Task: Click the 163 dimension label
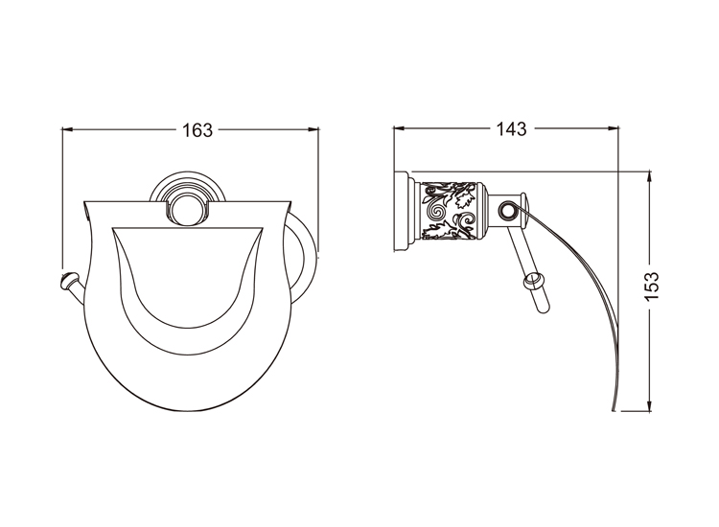point(197,130)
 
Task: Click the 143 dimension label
point(511,129)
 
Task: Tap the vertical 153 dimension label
point(652,286)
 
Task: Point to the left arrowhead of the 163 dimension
point(67,129)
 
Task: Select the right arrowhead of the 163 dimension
point(313,129)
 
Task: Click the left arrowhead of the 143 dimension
point(399,128)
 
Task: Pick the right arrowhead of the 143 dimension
point(614,128)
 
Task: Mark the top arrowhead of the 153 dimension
point(649,177)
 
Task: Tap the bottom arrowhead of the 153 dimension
point(649,405)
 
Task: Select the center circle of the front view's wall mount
point(187,209)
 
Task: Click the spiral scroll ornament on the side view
point(434,212)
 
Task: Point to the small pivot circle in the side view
point(507,211)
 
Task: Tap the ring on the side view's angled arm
point(533,281)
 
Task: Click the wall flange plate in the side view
point(401,211)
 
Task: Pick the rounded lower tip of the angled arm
point(543,309)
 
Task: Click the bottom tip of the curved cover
point(614,409)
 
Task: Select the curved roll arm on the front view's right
point(302,258)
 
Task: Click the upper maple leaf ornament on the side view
point(463,196)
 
